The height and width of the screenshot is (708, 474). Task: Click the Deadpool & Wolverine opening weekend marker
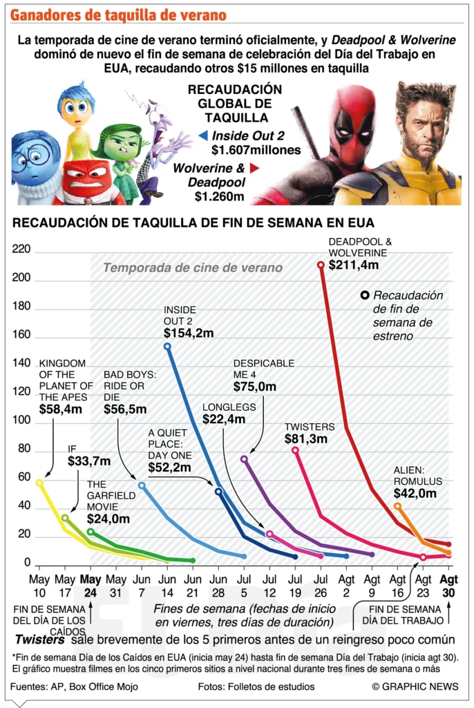click(x=321, y=265)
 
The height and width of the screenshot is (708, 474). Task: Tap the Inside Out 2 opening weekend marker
click(x=167, y=346)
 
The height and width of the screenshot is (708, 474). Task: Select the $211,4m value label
click(x=353, y=265)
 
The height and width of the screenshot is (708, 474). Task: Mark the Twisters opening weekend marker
click(x=295, y=450)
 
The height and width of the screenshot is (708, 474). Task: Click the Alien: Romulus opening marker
click(x=397, y=506)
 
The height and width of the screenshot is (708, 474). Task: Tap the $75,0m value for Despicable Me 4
click(x=254, y=387)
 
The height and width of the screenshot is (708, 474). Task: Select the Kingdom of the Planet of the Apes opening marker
click(x=39, y=483)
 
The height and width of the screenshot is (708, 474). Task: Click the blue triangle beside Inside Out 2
click(x=202, y=136)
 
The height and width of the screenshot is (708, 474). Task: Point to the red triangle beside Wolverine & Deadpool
click(x=254, y=168)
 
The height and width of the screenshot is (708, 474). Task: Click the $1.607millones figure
click(x=256, y=150)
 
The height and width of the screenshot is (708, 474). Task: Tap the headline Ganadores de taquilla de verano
click(x=118, y=15)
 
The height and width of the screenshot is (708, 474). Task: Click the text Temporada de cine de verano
click(x=192, y=268)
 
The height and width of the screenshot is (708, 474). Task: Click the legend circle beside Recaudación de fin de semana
click(x=364, y=295)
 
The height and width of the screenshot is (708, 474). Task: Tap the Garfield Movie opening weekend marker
click(x=91, y=532)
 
